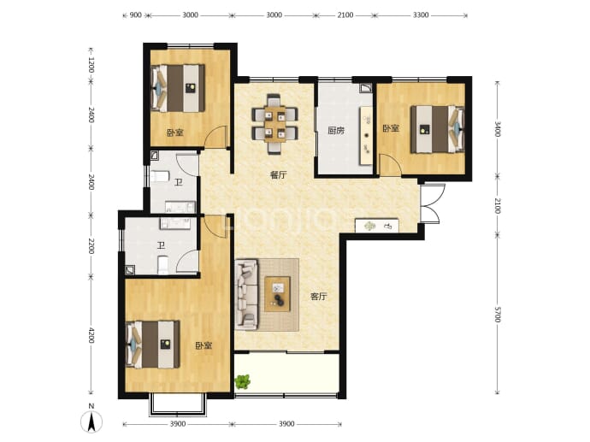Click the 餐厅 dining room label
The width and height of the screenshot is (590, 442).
tap(279, 175)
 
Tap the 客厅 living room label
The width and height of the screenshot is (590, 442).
tap(318, 297)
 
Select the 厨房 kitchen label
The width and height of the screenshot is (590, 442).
tap(336, 131)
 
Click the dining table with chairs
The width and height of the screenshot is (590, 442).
tap(275, 124)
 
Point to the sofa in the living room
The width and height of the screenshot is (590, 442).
tap(247, 294)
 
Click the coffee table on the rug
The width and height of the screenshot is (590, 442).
tap(277, 294)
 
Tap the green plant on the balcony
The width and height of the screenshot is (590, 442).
tap(243, 382)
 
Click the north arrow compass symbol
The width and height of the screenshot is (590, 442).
tap(91, 420)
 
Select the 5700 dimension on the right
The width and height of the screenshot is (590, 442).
tap(498, 315)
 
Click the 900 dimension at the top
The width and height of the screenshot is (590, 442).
tap(135, 15)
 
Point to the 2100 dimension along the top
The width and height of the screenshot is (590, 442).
tap(345, 15)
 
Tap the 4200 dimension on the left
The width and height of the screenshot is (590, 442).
tap(91, 335)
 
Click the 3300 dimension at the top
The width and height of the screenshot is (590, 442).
tap(421, 15)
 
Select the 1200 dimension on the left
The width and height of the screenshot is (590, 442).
tap(91, 65)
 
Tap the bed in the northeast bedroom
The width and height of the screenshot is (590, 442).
tap(437, 129)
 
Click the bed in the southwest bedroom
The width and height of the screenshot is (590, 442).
tap(152, 345)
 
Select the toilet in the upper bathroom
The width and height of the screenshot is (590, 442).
tap(160, 176)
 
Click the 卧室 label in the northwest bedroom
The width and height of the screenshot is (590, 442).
tap(175, 133)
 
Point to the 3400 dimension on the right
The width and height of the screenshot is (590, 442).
tap(498, 129)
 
